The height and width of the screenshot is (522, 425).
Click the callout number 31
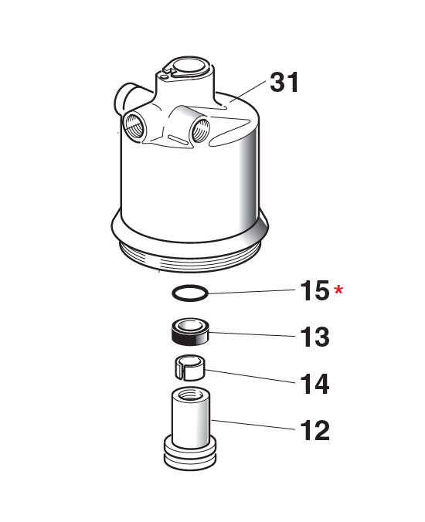[284, 82]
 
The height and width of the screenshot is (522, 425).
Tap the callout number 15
[314, 292]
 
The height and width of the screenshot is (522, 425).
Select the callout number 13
[314, 337]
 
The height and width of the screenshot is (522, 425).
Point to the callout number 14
[314, 383]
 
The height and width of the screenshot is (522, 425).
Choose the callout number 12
[314, 429]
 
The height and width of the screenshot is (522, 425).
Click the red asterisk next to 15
[339, 291]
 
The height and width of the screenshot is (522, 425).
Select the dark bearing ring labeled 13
[190, 333]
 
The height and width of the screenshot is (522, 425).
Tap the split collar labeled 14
[189, 367]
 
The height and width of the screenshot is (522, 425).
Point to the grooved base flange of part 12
[190, 456]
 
